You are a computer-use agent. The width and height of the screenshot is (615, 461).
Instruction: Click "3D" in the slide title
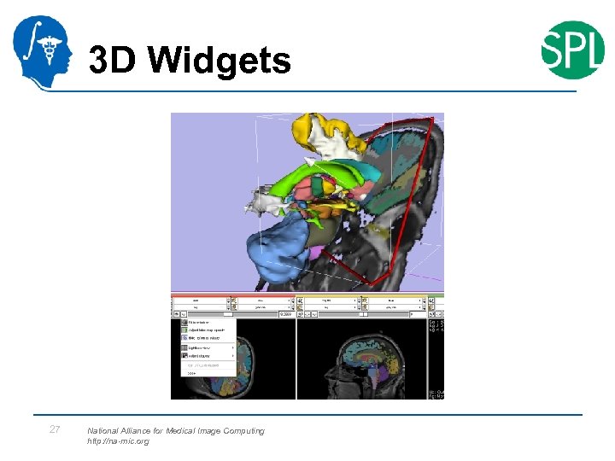[x=114, y=61]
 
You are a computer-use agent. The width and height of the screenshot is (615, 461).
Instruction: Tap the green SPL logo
[x=572, y=50]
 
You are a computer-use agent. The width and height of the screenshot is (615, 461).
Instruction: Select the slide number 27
[x=55, y=429]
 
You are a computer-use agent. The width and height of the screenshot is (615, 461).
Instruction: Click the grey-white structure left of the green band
[x=264, y=202]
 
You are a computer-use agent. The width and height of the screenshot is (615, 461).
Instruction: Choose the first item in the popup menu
[x=205, y=323]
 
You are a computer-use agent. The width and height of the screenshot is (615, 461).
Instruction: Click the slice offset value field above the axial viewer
[x=281, y=313]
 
